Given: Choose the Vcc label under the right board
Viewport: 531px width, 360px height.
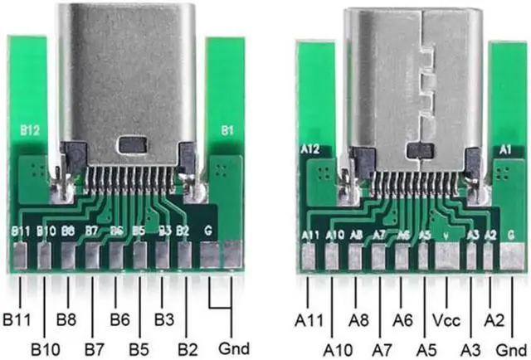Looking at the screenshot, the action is [446, 319].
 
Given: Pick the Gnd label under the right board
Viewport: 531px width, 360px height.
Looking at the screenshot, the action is [515, 347].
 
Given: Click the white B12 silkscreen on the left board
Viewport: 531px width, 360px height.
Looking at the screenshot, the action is [29, 130].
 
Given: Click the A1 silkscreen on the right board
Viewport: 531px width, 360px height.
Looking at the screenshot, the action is [504, 149].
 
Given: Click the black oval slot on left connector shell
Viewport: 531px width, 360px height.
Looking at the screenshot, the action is [132, 145].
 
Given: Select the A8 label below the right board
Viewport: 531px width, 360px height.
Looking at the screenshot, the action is [358, 319].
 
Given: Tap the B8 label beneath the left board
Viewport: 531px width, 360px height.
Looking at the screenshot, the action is [66, 319].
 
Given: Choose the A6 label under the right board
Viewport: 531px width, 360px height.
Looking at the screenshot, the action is [403, 319].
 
